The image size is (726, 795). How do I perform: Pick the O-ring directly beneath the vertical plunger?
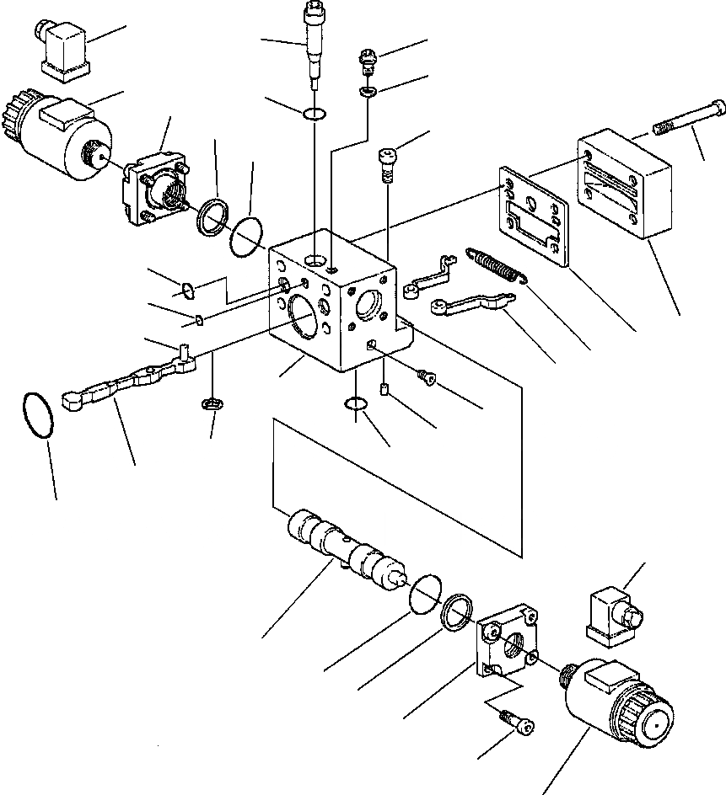point(314,113)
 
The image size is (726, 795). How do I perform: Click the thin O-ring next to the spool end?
point(426,593)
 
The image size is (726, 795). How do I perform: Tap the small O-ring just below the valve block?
point(356,406)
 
